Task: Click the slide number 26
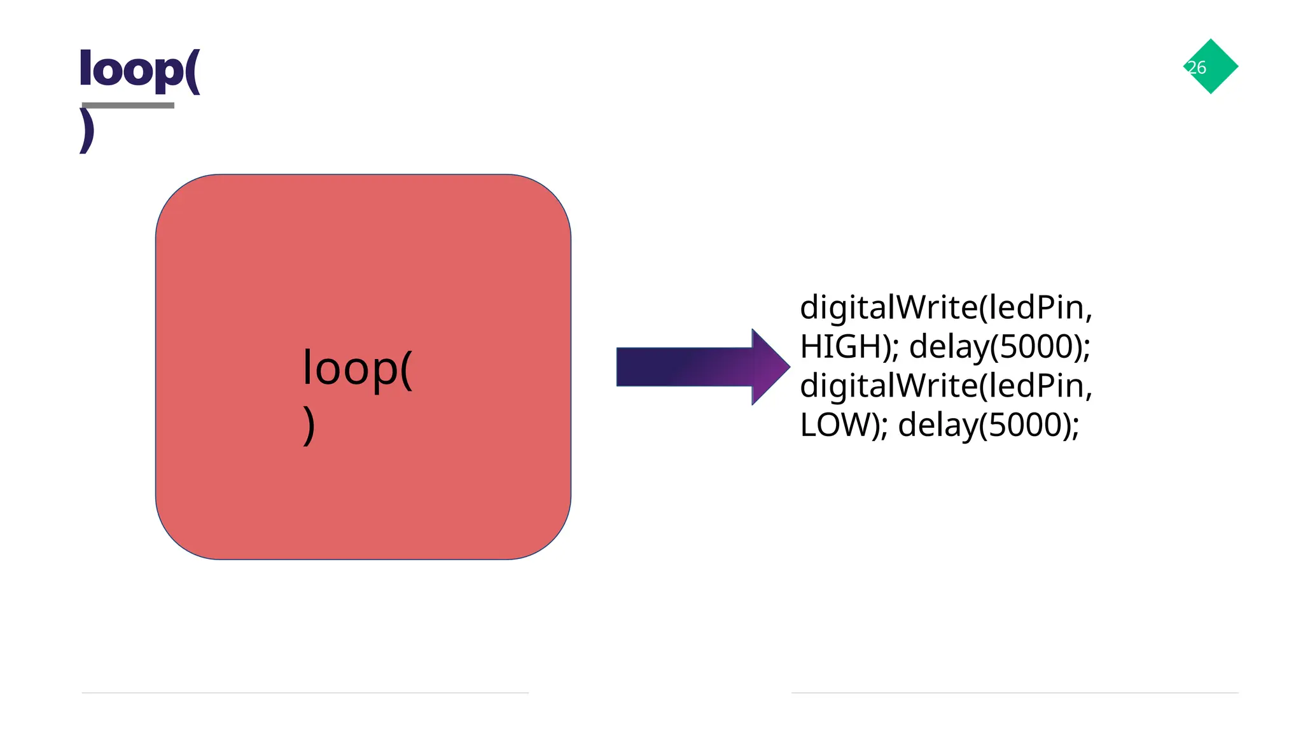click(1197, 67)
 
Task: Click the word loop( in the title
click(139, 70)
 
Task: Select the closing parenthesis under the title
click(87, 131)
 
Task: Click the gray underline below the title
click(127, 106)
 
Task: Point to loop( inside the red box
click(357, 368)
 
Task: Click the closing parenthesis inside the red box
click(309, 425)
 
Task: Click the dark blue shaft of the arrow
click(674, 367)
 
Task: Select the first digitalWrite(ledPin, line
click(945, 307)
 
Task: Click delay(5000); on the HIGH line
click(1000, 347)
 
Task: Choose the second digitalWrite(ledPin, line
click(945, 386)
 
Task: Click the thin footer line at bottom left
click(305, 693)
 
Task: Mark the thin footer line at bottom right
click(1014, 693)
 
